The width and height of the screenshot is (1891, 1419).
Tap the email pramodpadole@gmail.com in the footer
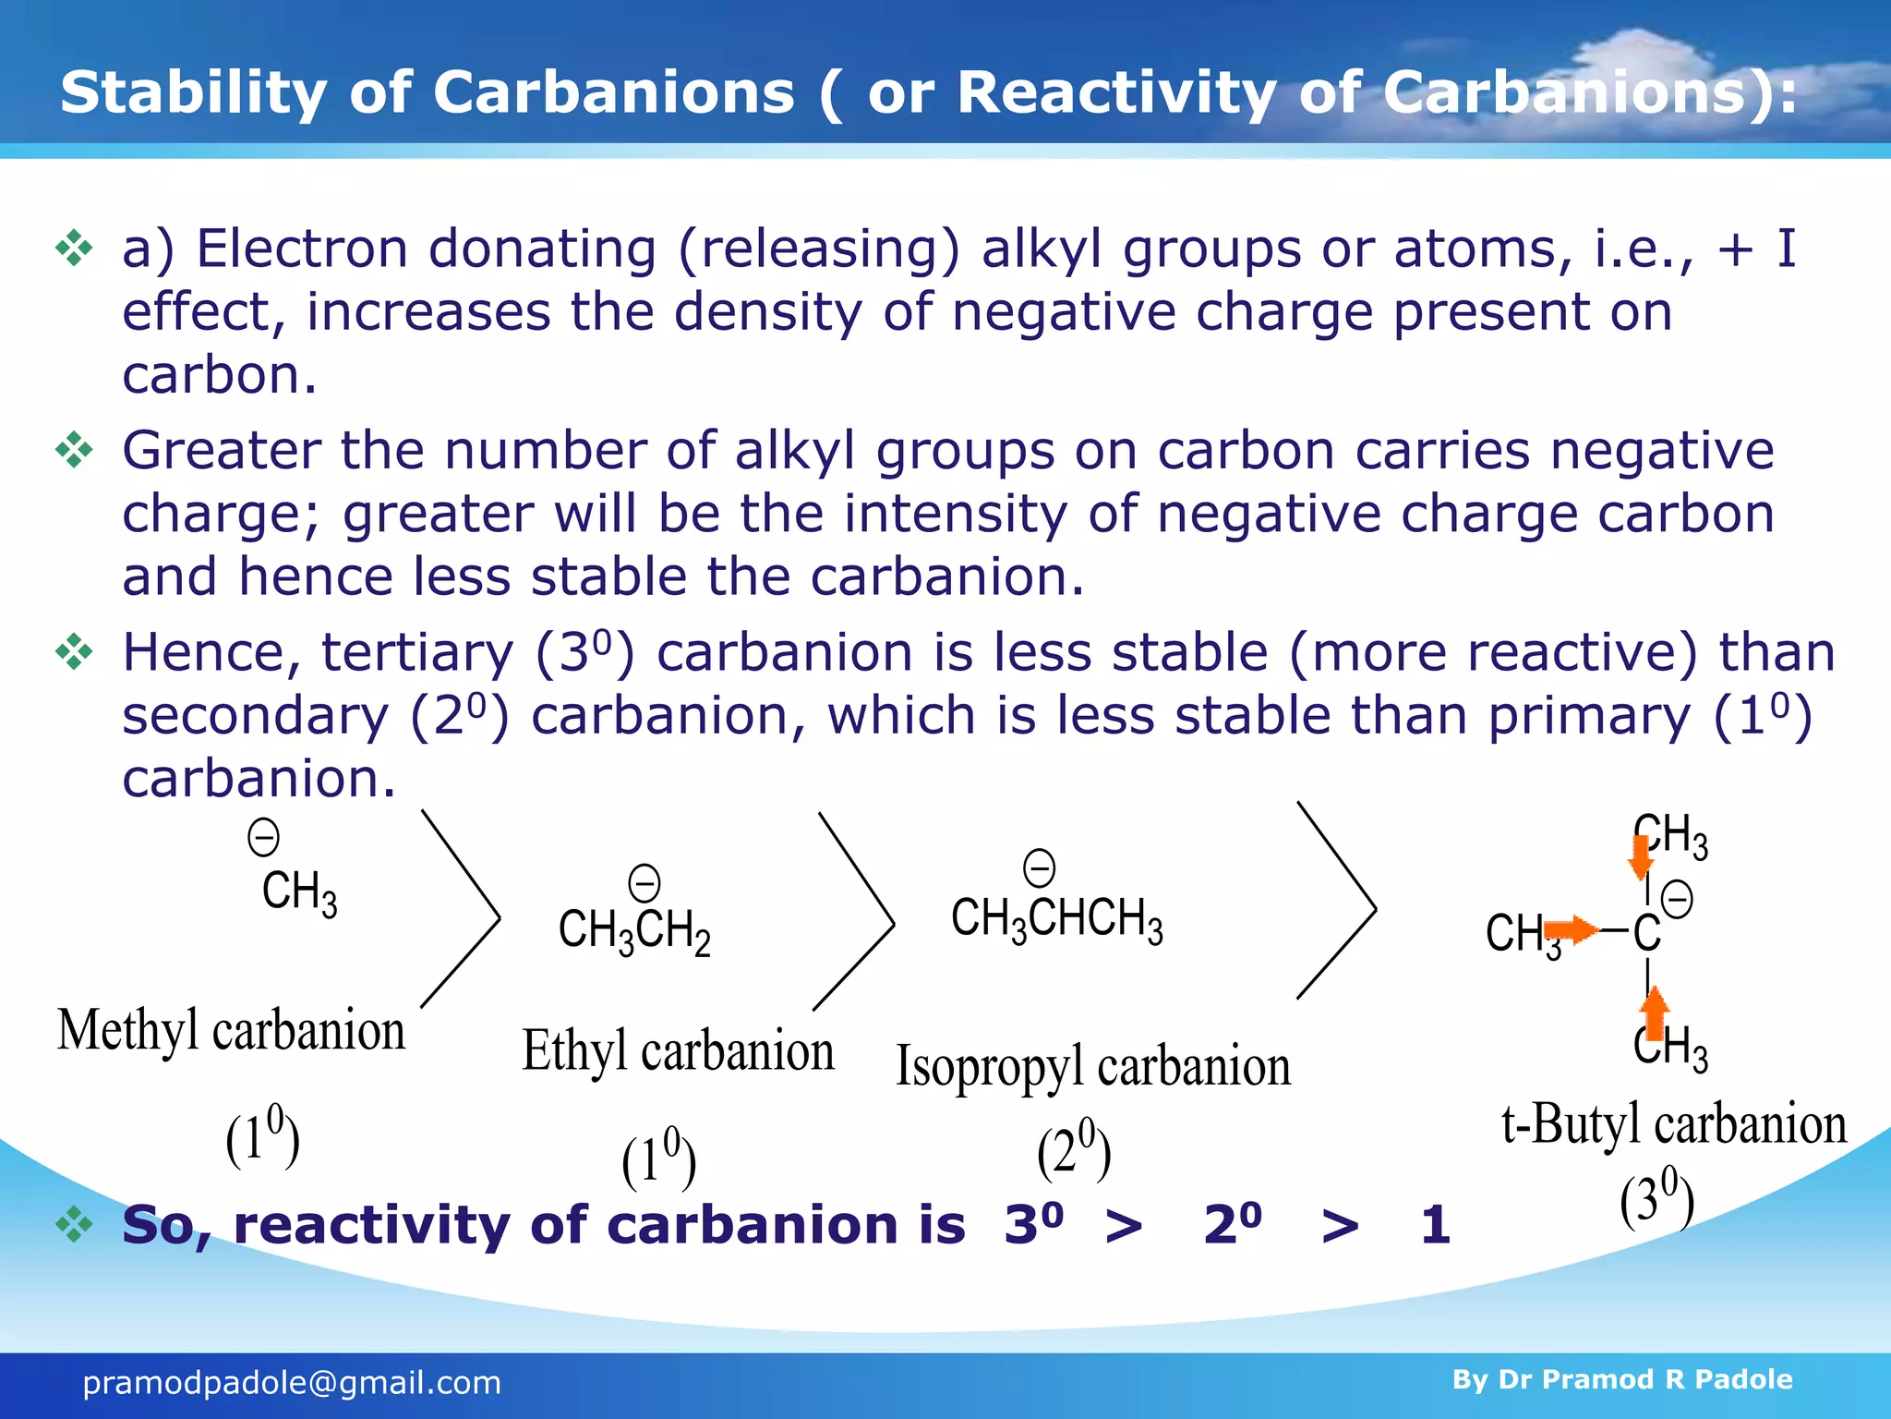(292, 1383)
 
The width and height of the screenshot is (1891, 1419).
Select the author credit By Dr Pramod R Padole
(1621, 1379)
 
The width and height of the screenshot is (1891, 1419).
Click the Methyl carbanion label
(231, 1031)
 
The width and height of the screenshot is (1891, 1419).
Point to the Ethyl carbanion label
(678, 1051)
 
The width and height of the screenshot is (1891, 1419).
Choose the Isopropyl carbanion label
(1093, 1067)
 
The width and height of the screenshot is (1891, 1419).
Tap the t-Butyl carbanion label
(1673, 1125)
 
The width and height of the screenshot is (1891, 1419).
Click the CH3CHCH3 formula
(1056, 919)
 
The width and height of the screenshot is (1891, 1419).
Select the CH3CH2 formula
(634, 930)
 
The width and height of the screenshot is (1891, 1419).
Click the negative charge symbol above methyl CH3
(263, 838)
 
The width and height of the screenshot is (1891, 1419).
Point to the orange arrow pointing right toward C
(1572, 929)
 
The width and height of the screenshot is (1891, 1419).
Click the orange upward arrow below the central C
(1655, 1012)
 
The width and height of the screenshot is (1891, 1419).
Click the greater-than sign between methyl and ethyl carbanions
(462, 910)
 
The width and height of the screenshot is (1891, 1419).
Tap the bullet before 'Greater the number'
(74, 451)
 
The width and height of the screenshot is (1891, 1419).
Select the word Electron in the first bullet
(302, 249)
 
